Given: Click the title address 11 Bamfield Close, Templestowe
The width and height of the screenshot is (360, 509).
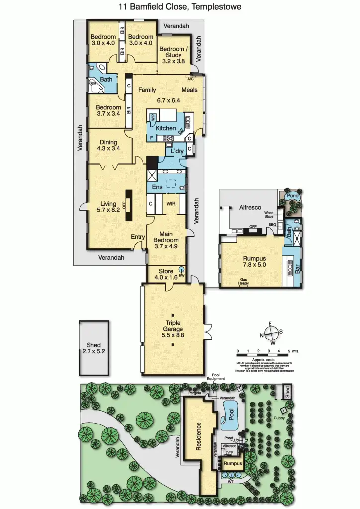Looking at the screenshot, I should [x=180, y=7].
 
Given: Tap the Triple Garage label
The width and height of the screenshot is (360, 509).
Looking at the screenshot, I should [x=173, y=329].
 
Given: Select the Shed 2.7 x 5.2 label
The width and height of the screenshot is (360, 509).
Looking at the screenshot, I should [x=93, y=348].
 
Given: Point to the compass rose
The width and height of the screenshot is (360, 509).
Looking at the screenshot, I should [x=271, y=333].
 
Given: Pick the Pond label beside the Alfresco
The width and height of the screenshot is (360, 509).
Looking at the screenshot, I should [x=293, y=196].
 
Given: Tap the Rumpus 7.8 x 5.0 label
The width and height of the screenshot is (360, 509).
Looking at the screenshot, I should [x=254, y=261].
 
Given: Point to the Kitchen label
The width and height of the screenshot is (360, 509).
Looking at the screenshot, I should [x=166, y=128].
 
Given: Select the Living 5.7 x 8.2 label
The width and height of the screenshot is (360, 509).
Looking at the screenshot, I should [x=107, y=207].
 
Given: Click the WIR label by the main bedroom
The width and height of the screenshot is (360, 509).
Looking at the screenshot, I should [x=171, y=203].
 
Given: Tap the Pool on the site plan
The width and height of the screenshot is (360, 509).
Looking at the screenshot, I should [x=230, y=416].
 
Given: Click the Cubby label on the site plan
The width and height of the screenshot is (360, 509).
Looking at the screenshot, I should [x=279, y=418].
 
